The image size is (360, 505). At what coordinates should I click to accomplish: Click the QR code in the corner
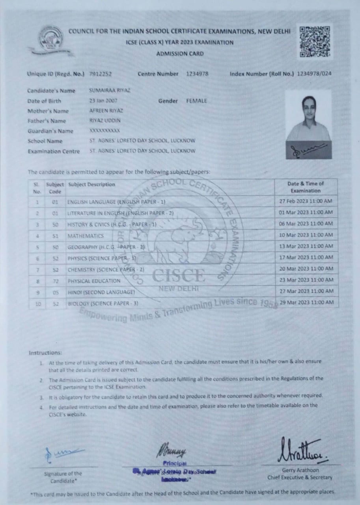pyautogui.click(x=314, y=41)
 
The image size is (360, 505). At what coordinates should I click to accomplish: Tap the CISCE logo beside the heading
pyautogui.click(x=50, y=39)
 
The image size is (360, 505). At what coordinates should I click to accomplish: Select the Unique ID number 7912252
pyautogui.click(x=101, y=74)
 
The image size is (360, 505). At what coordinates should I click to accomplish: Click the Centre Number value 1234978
pyautogui.click(x=197, y=74)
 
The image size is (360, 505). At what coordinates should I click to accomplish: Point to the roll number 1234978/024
pyautogui.click(x=314, y=74)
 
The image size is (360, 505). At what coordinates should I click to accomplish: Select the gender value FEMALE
pyautogui.click(x=196, y=101)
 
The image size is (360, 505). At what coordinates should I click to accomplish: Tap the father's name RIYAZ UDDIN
pyautogui.click(x=105, y=121)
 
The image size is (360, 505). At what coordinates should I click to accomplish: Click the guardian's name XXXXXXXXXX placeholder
pyautogui.click(x=105, y=131)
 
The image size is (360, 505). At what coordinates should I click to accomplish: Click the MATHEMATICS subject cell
pyautogui.click(x=86, y=236)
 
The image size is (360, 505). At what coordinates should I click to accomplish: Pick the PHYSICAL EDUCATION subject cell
pyautogui.click(x=94, y=281)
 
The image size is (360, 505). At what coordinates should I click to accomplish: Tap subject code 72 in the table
pyautogui.click(x=55, y=281)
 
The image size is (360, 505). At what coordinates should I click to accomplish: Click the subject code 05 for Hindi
pyautogui.click(x=55, y=292)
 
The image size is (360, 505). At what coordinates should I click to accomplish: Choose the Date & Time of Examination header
pyautogui.click(x=306, y=187)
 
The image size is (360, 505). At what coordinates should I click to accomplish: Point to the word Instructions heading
pyautogui.click(x=45, y=353)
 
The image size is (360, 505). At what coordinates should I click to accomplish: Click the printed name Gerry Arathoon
pyautogui.click(x=300, y=470)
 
